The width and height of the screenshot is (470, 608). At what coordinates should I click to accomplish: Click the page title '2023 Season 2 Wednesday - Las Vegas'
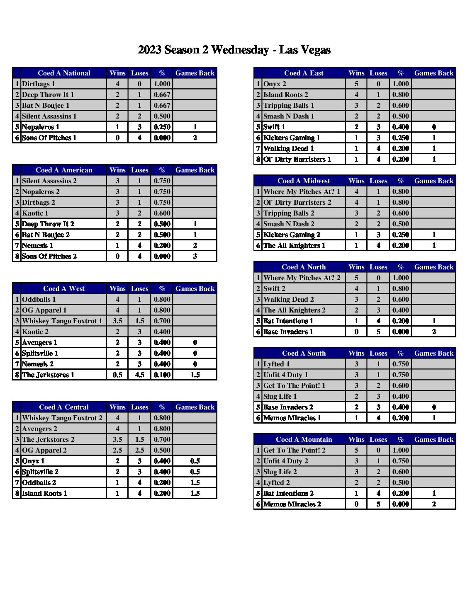pyautogui.click(x=234, y=50)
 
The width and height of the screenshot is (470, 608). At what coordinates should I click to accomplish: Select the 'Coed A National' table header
pyautogui.click(x=64, y=73)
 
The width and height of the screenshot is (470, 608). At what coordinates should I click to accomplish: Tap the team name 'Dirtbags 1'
pyautogui.click(x=39, y=84)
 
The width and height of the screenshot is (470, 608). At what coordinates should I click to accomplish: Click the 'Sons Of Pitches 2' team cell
pyautogui.click(x=49, y=256)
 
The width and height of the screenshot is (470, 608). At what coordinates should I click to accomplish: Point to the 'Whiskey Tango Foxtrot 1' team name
pyautogui.click(x=62, y=321)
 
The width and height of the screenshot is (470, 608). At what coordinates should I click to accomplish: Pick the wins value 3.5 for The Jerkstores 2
pyautogui.click(x=117, y=439)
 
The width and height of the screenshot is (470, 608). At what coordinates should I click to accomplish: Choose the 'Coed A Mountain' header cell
pyautogui.click(x=304, y=439)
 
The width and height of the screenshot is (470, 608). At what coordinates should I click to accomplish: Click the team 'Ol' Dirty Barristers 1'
pyautogui.click(x=297, y=159)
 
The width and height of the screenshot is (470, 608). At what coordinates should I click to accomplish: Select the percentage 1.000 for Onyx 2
pyautogui.click(x=400, y=84)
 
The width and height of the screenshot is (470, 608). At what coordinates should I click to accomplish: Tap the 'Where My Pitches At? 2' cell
pyautogui.click(x=302, y=278)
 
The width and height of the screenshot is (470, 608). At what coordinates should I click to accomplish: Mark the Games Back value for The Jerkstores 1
pyautogui.click(x=195, y=375)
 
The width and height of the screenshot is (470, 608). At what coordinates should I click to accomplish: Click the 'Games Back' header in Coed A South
pyautogui.click(x=433, y=353)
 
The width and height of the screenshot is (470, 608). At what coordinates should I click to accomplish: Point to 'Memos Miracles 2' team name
pyautogui.click(x=292, y=504)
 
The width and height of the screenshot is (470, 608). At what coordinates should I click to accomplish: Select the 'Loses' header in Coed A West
pyautogui.click(x=139, y=288)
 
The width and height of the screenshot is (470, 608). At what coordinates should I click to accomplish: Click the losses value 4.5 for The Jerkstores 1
pyautogui.click(x=139, y=375)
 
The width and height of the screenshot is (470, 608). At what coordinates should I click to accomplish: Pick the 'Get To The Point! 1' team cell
pyautogui.click(x=295, y=385)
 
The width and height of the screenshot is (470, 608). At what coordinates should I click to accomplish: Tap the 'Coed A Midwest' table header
pyautogui.click(x=304, y=181)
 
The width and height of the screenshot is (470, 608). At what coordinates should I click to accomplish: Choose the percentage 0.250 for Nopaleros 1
pyautogui.click(x=162, y=127)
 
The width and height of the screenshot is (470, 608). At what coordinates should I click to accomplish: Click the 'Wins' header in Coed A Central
pyautogui.click(x=117, y=407)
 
